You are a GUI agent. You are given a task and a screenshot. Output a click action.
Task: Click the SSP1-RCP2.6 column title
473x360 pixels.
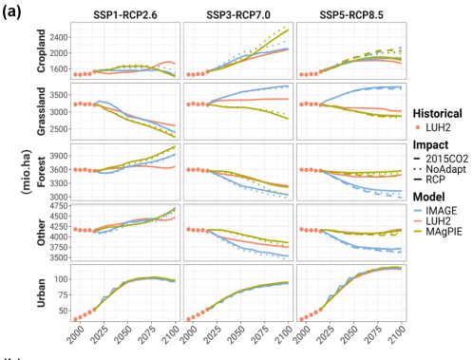coord(125,15)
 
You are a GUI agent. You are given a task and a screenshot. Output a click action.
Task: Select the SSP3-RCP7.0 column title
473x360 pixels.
coord(238,15)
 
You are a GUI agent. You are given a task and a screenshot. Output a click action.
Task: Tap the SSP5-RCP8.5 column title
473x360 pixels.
coord(351,15)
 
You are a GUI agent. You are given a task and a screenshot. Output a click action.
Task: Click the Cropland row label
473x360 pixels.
coord(42,50)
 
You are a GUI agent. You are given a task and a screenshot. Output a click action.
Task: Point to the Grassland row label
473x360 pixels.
coord(42,111)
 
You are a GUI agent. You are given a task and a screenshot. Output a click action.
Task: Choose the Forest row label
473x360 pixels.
coord(42,172)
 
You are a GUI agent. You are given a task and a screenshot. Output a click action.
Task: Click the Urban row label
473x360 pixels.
coord(42,293)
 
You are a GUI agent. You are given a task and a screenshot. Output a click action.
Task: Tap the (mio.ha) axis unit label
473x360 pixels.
coord(27,172)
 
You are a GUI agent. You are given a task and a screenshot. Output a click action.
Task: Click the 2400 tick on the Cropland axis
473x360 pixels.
coord(59,37)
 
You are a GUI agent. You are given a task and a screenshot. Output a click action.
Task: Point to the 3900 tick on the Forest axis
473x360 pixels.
coord(59,156)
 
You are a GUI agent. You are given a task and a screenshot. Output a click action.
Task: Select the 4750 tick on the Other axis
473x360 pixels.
coord(59,206)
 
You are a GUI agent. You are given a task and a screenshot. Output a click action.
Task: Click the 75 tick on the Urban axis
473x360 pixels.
coord(63,295)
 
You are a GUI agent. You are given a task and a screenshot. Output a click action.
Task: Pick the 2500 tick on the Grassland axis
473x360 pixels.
coord(59,129)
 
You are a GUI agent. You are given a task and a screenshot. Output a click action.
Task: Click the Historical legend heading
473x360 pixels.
coord(437,113)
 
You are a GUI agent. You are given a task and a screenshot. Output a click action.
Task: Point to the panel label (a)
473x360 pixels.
coord(11,12)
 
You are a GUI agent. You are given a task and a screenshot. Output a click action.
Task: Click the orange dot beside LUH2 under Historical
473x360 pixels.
coord(418,127)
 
